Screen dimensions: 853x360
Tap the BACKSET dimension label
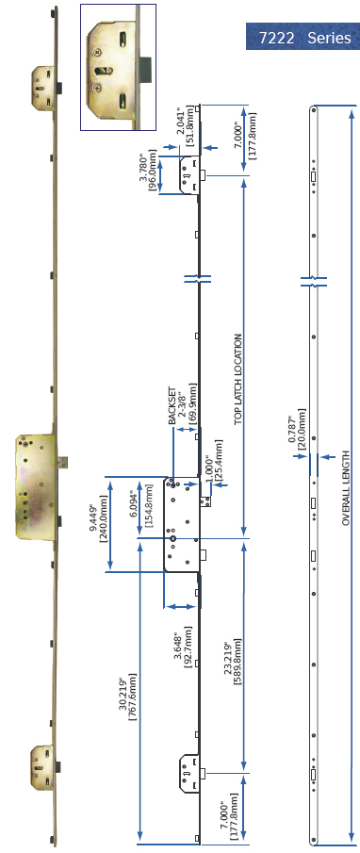[172, 406]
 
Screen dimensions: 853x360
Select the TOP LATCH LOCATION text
[238, 367]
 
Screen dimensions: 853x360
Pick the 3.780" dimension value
[142, 172]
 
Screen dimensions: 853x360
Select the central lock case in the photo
[37, 486]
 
